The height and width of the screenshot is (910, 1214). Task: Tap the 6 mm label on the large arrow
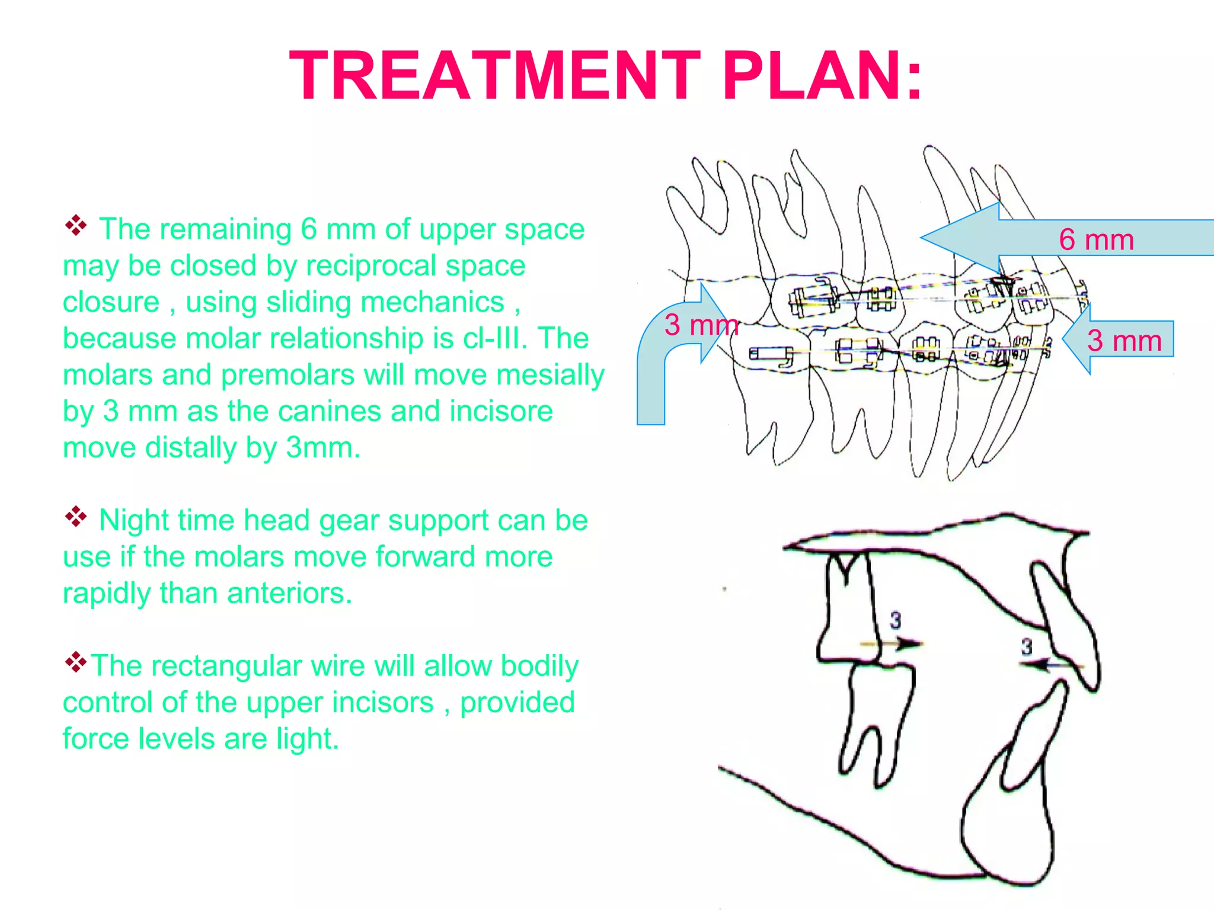[x=1096, y=240]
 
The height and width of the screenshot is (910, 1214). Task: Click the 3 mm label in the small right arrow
[x=1124, y=341]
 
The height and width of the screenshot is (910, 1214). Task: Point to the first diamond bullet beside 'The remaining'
[x=76, y=225]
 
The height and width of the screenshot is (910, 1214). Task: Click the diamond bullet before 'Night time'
[x=76, y=517]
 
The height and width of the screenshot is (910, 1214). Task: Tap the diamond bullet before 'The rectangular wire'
[x=76, y=662]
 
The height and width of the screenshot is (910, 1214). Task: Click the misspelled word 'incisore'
[x=501, y=411]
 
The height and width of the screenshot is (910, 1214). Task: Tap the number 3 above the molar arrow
[x=895, y=620]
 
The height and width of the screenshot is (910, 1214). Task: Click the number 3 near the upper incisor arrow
[x=1026, y=646]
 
